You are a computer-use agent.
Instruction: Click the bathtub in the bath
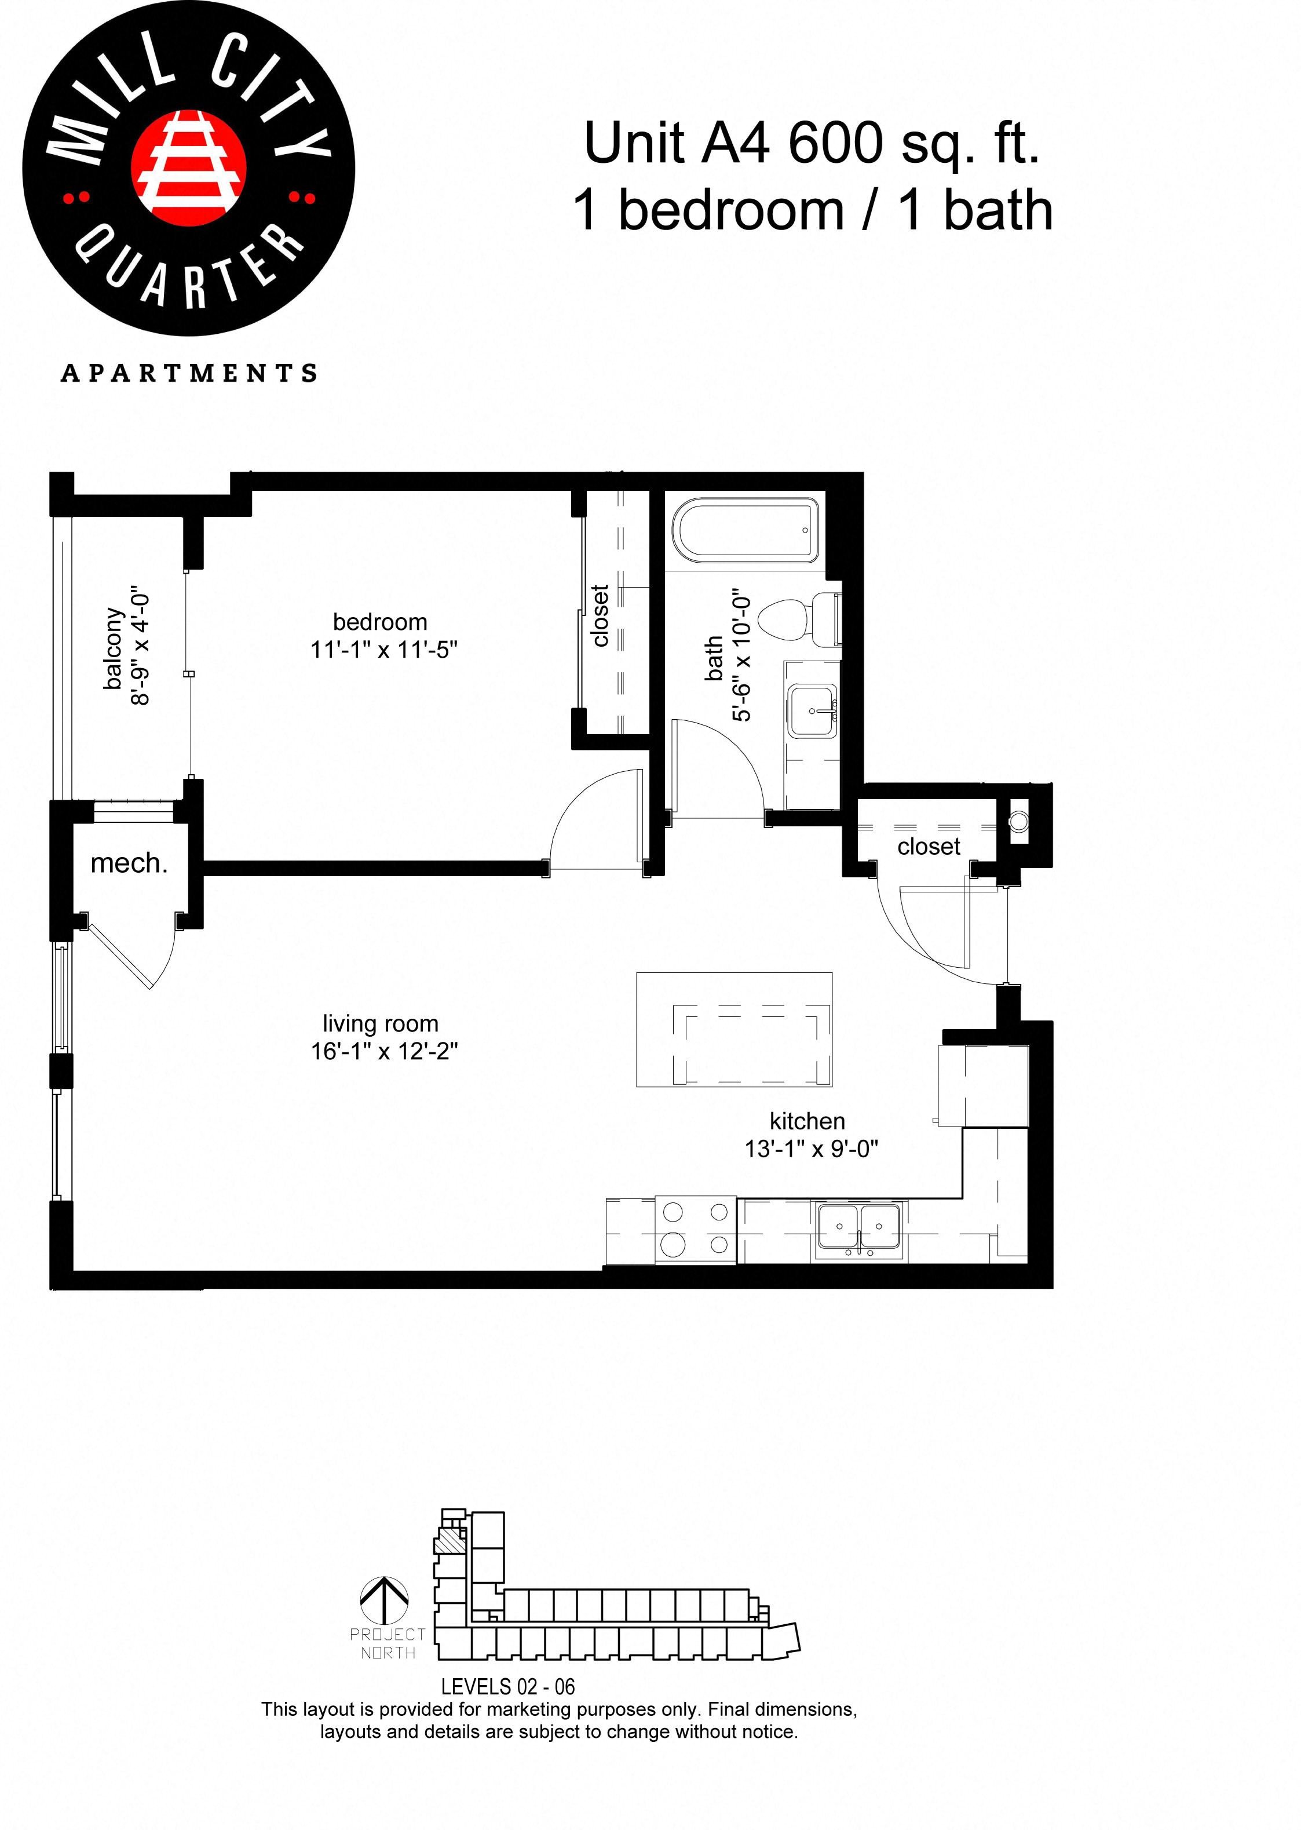pos(745,530)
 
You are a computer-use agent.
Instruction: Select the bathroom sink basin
pos(812,710)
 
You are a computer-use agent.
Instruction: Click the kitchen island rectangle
pos(734,1030)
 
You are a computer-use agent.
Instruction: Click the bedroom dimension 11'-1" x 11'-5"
pos(383,649)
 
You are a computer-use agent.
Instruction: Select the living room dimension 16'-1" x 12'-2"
pos(383,1051)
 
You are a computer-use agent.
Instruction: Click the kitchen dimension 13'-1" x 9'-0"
pos(811,1149)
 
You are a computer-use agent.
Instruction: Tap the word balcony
pos(114,648)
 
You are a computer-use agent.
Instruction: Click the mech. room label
pos(129,864)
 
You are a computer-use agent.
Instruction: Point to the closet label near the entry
pos(928,847)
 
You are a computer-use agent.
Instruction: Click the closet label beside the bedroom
pos(600,615)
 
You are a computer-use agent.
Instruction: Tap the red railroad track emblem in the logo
pos(188,167)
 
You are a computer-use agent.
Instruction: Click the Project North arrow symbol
pos(385,1601)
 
